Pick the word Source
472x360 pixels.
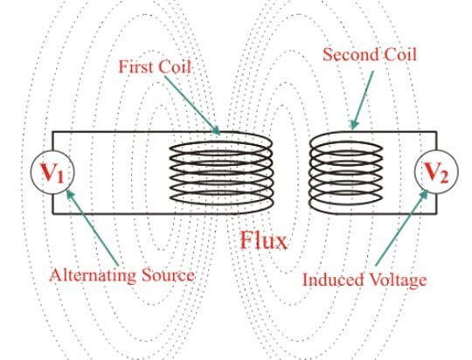click(x=171, y=276)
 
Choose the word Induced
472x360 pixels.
click(x=331, y=280)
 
